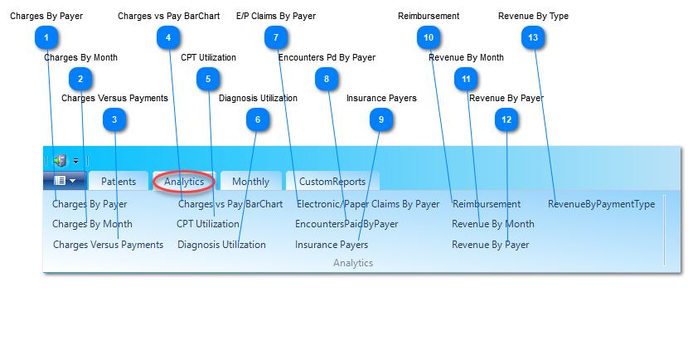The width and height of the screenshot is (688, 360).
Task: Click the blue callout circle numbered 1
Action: pos(46,37)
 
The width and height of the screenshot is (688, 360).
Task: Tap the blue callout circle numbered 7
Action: pos(276,37)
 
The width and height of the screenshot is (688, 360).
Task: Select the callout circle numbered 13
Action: pos(533,37)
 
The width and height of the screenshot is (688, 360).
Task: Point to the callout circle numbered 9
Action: pos(380,119)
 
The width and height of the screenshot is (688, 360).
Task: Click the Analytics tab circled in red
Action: pos(184,182)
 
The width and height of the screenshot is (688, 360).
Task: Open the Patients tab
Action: pos(119,182)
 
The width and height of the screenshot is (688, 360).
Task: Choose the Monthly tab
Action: pos(250,182)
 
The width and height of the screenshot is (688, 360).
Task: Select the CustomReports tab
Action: pos(332,182)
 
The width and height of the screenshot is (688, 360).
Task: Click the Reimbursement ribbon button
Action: pos(487,204)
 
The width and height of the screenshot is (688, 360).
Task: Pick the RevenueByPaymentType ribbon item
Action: pos(601,204)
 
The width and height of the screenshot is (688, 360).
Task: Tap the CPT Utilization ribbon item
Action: pos(207,224)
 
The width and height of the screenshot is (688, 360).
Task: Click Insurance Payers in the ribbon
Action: pos(332,245)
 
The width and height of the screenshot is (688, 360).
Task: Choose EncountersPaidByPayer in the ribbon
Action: pos(346,224)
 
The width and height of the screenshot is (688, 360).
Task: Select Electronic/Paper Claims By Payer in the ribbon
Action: pos(368,204)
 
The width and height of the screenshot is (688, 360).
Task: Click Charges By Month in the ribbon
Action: pos(92,224)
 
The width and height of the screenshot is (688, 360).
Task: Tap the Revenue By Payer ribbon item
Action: pos(490,245)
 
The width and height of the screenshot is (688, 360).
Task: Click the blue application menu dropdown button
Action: pos(65,181)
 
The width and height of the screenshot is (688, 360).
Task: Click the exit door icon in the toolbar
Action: pos(61,161)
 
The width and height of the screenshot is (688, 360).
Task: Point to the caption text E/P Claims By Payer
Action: pos(276,17)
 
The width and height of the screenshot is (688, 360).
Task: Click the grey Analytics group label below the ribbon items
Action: pos(353,263)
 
